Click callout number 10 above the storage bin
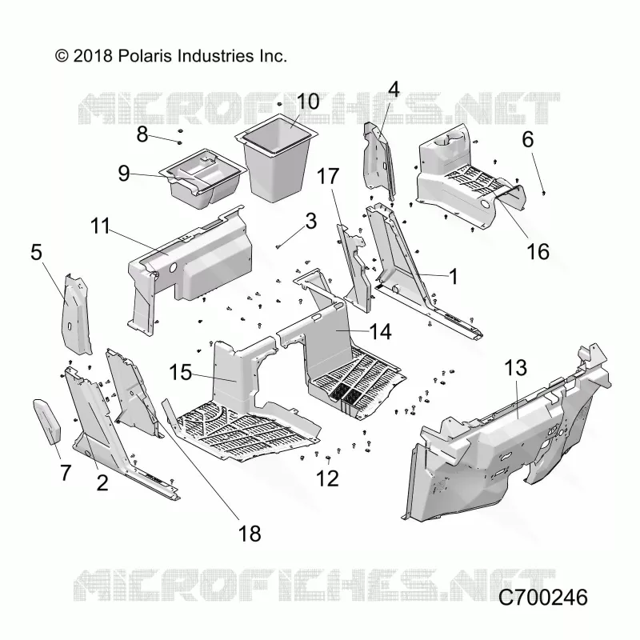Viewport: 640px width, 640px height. point(308,102)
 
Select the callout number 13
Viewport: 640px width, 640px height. point(516,368)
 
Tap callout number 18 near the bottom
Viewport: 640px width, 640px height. point(250,534)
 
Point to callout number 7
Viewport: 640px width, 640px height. point(66,473)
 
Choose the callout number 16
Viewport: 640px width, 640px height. point(538,251)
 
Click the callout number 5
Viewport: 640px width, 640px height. point(36,252)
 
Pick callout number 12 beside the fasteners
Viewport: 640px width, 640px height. point(327,478)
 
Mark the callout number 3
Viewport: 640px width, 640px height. point(311,221)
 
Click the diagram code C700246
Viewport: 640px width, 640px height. point(543,598)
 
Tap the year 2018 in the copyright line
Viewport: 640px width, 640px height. point(93,56)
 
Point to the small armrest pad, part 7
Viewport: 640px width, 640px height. point(46,422)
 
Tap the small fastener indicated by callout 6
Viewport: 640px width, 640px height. point(544,192)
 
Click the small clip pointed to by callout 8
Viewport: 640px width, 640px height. point(179,142)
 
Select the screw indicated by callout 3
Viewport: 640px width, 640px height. point(278,246)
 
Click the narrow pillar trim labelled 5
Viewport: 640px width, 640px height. point(75,315)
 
